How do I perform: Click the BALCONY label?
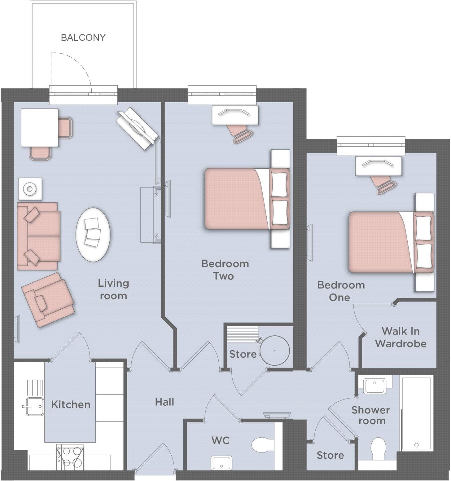tap(83, 38)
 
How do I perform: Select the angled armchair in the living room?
tap(48, 299)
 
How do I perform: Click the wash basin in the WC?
tap(221, 463)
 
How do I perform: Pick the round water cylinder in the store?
tap(274, 350)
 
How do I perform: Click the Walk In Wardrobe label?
tap(401, 337)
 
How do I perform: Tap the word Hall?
tap(164, 402)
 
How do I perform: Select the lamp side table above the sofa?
tap(30, 189)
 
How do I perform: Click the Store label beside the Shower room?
tap(330, 455)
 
